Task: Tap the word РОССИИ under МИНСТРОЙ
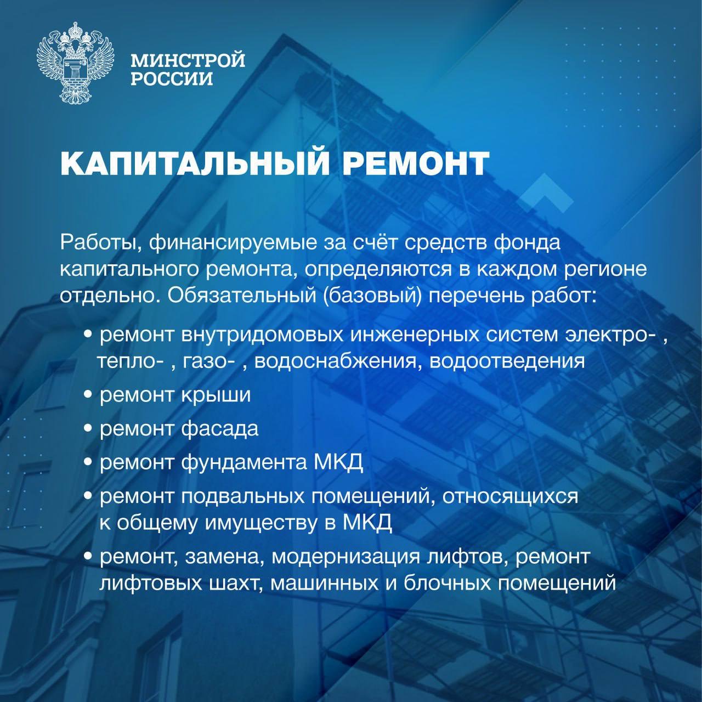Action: pos(172,78)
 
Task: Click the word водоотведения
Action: pos(507,361)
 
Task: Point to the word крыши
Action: pos(216,395)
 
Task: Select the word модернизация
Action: pos(338,558)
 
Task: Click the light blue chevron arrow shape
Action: pos(546,194)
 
